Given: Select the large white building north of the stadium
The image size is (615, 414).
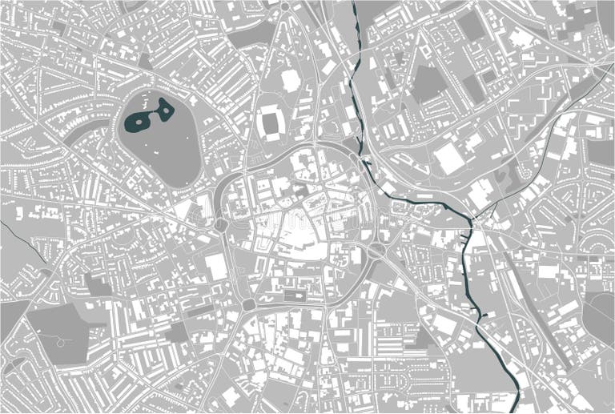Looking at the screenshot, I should pyautogui.click(x=291, y=79).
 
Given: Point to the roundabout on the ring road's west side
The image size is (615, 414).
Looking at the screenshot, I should pyautogui.click(x=221, y=225).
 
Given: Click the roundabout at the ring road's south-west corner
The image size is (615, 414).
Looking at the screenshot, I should pyautogui.click(x=249, y=304).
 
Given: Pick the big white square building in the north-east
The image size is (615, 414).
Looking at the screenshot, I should pyautogui.click(x=449, y=159).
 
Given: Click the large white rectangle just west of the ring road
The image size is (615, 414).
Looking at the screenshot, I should pyautogui.click(x=215, y=266).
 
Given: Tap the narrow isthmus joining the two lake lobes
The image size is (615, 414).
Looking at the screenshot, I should pyautogui.click(x=154, y=115).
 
